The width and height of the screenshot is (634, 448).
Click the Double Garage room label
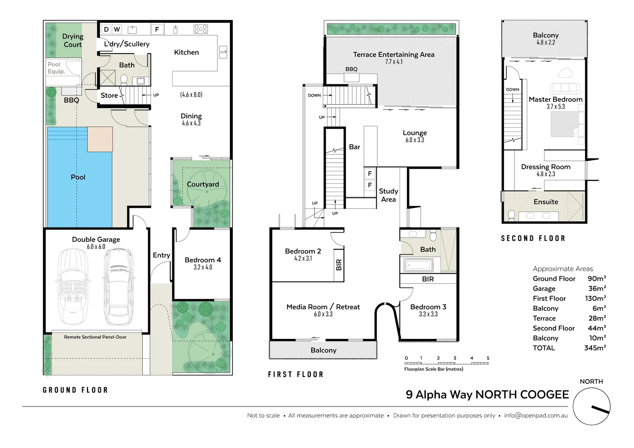96,239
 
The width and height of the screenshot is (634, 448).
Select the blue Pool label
78,177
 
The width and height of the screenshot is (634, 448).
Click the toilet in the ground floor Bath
123,79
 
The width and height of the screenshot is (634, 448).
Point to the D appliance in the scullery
106,29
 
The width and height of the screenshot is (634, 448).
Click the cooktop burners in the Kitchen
200,29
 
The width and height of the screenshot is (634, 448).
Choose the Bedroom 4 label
202,260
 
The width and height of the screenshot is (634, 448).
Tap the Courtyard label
202,184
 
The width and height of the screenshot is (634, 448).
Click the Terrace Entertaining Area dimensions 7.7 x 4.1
393,62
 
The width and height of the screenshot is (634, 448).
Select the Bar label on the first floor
354,147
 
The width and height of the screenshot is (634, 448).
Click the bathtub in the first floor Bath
418,265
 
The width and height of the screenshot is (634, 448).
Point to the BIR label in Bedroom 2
339,265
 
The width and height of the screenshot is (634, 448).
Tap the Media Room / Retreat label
323,307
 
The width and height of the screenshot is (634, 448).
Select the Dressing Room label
546,167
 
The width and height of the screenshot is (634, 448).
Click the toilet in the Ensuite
511,215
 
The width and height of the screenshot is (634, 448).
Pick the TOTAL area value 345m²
595,348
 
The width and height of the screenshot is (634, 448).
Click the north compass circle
591,406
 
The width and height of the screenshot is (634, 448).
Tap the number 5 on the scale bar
488,358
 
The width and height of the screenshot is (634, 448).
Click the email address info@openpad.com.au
536,415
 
